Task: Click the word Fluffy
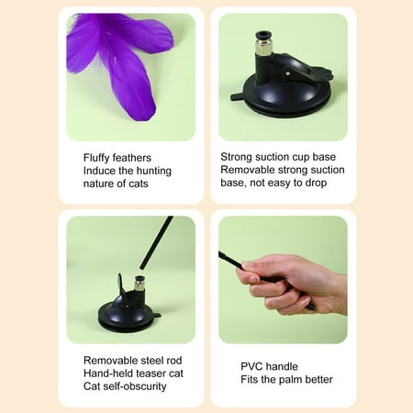click(96, 158)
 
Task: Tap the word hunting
click(154, 171)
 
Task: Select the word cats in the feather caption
click(139, 184)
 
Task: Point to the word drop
click(316, 183)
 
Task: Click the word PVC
click(251, 366)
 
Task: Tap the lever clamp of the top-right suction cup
click(303, 69)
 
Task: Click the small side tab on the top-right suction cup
click(237, 97)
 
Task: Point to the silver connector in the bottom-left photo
click(140, 284)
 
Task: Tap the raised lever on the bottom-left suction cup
click(120, 284)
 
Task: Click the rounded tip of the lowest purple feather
click(149, 116)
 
